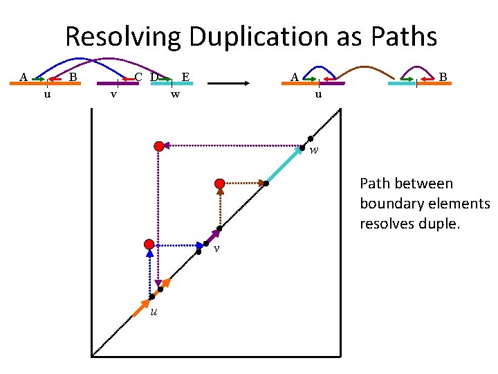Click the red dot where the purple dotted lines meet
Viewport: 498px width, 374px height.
tap(159, 146)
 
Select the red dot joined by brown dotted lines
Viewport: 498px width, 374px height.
tap(219, 184)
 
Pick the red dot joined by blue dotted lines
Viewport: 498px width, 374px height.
tap(149, 244)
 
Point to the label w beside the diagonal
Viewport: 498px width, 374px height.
tap(313, 150)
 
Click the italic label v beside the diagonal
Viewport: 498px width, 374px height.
tap(216, 249)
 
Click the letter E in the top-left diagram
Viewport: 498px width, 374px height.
tap(185, 76)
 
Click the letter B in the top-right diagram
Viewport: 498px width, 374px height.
tap(443, 76)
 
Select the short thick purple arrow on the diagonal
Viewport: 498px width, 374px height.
tap(213, 236)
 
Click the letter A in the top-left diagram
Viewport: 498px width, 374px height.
tap(24, 76)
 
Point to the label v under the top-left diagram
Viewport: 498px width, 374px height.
tap(113, 94)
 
